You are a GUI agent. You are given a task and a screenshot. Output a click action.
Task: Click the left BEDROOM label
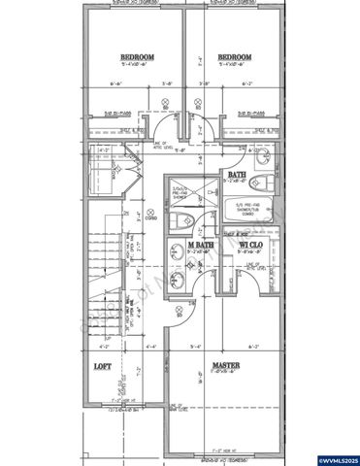[137, 57]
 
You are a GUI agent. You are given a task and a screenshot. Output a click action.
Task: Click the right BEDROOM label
[234, 57]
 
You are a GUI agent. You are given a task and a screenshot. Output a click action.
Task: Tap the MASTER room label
[226, 367]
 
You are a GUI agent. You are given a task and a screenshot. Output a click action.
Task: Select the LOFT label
[102, 367]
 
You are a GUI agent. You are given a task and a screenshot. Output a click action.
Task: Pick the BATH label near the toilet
[236, 175]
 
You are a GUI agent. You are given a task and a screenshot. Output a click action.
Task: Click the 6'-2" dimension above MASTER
[254, 346]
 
